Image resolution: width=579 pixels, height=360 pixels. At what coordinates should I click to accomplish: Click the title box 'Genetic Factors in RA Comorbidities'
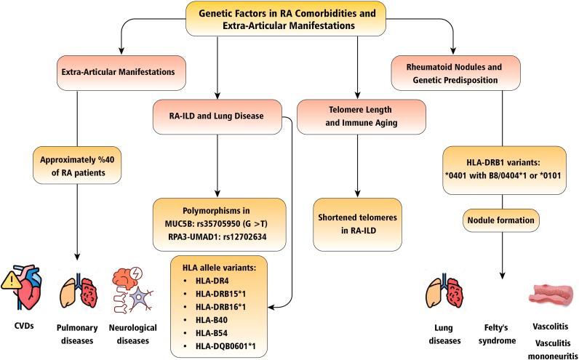coord(289,17)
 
